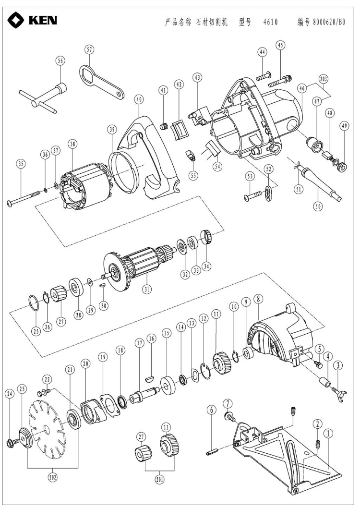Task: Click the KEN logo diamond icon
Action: (17, 20)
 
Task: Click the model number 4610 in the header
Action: (270, 23)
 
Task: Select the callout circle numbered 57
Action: (89, 50)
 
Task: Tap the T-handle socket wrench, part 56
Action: (43, 96)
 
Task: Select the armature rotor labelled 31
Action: (139, 264)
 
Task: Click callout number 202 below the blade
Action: (52, 477)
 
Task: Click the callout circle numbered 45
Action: (280, 45)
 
